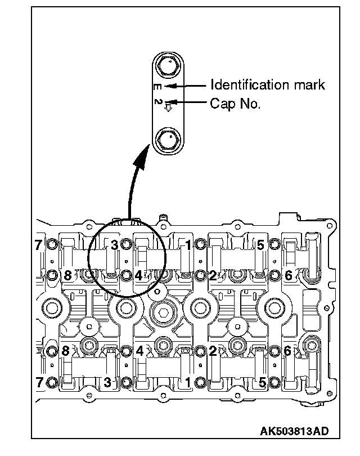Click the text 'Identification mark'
267,85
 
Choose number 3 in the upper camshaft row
114,244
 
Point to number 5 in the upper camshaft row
260,244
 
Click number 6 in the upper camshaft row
288,275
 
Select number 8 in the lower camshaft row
65,351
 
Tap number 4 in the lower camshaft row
139,351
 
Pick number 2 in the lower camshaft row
213,351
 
